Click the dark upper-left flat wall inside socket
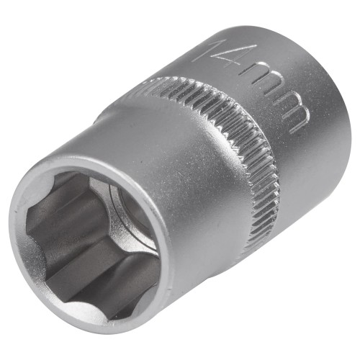click(x=54, y=202)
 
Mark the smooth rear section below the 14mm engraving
click(x=302, y=173)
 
